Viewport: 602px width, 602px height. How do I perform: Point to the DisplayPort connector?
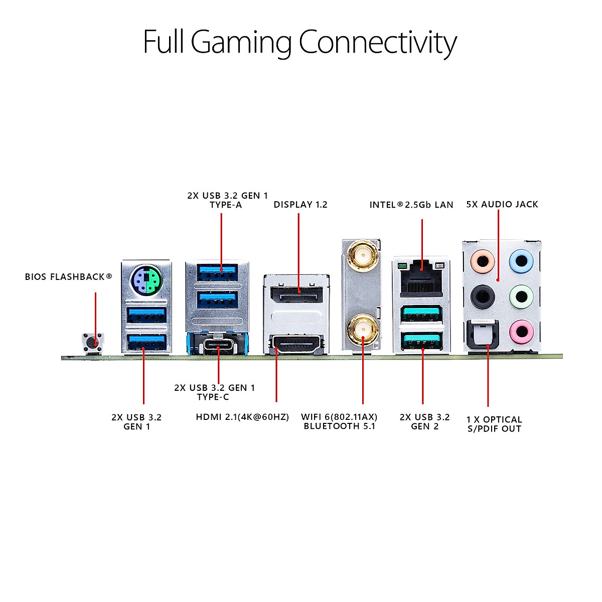click(x=296, y=294)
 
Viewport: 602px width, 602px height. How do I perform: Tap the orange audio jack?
click(x=483, y=261)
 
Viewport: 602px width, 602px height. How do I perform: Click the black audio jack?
click(x=483, y=296)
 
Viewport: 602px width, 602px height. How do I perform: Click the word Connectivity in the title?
click(x=377, y=42)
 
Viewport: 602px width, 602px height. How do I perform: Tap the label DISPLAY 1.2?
click(x=300, y=205)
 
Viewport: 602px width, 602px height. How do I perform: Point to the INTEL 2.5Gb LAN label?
click(x=411, y=205)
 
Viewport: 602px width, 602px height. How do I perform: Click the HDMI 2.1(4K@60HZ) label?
click(x=242, y=417)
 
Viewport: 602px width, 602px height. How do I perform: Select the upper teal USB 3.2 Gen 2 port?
click(x=421, y=314)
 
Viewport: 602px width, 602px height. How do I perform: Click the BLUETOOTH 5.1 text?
click(x=339, y=426)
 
